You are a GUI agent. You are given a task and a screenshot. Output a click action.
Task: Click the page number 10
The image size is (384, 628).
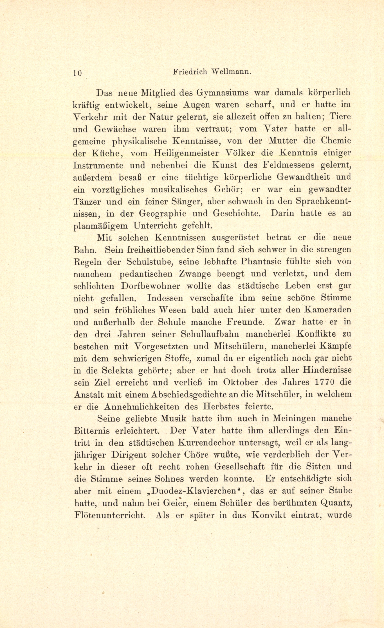[x=77, y=73]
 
